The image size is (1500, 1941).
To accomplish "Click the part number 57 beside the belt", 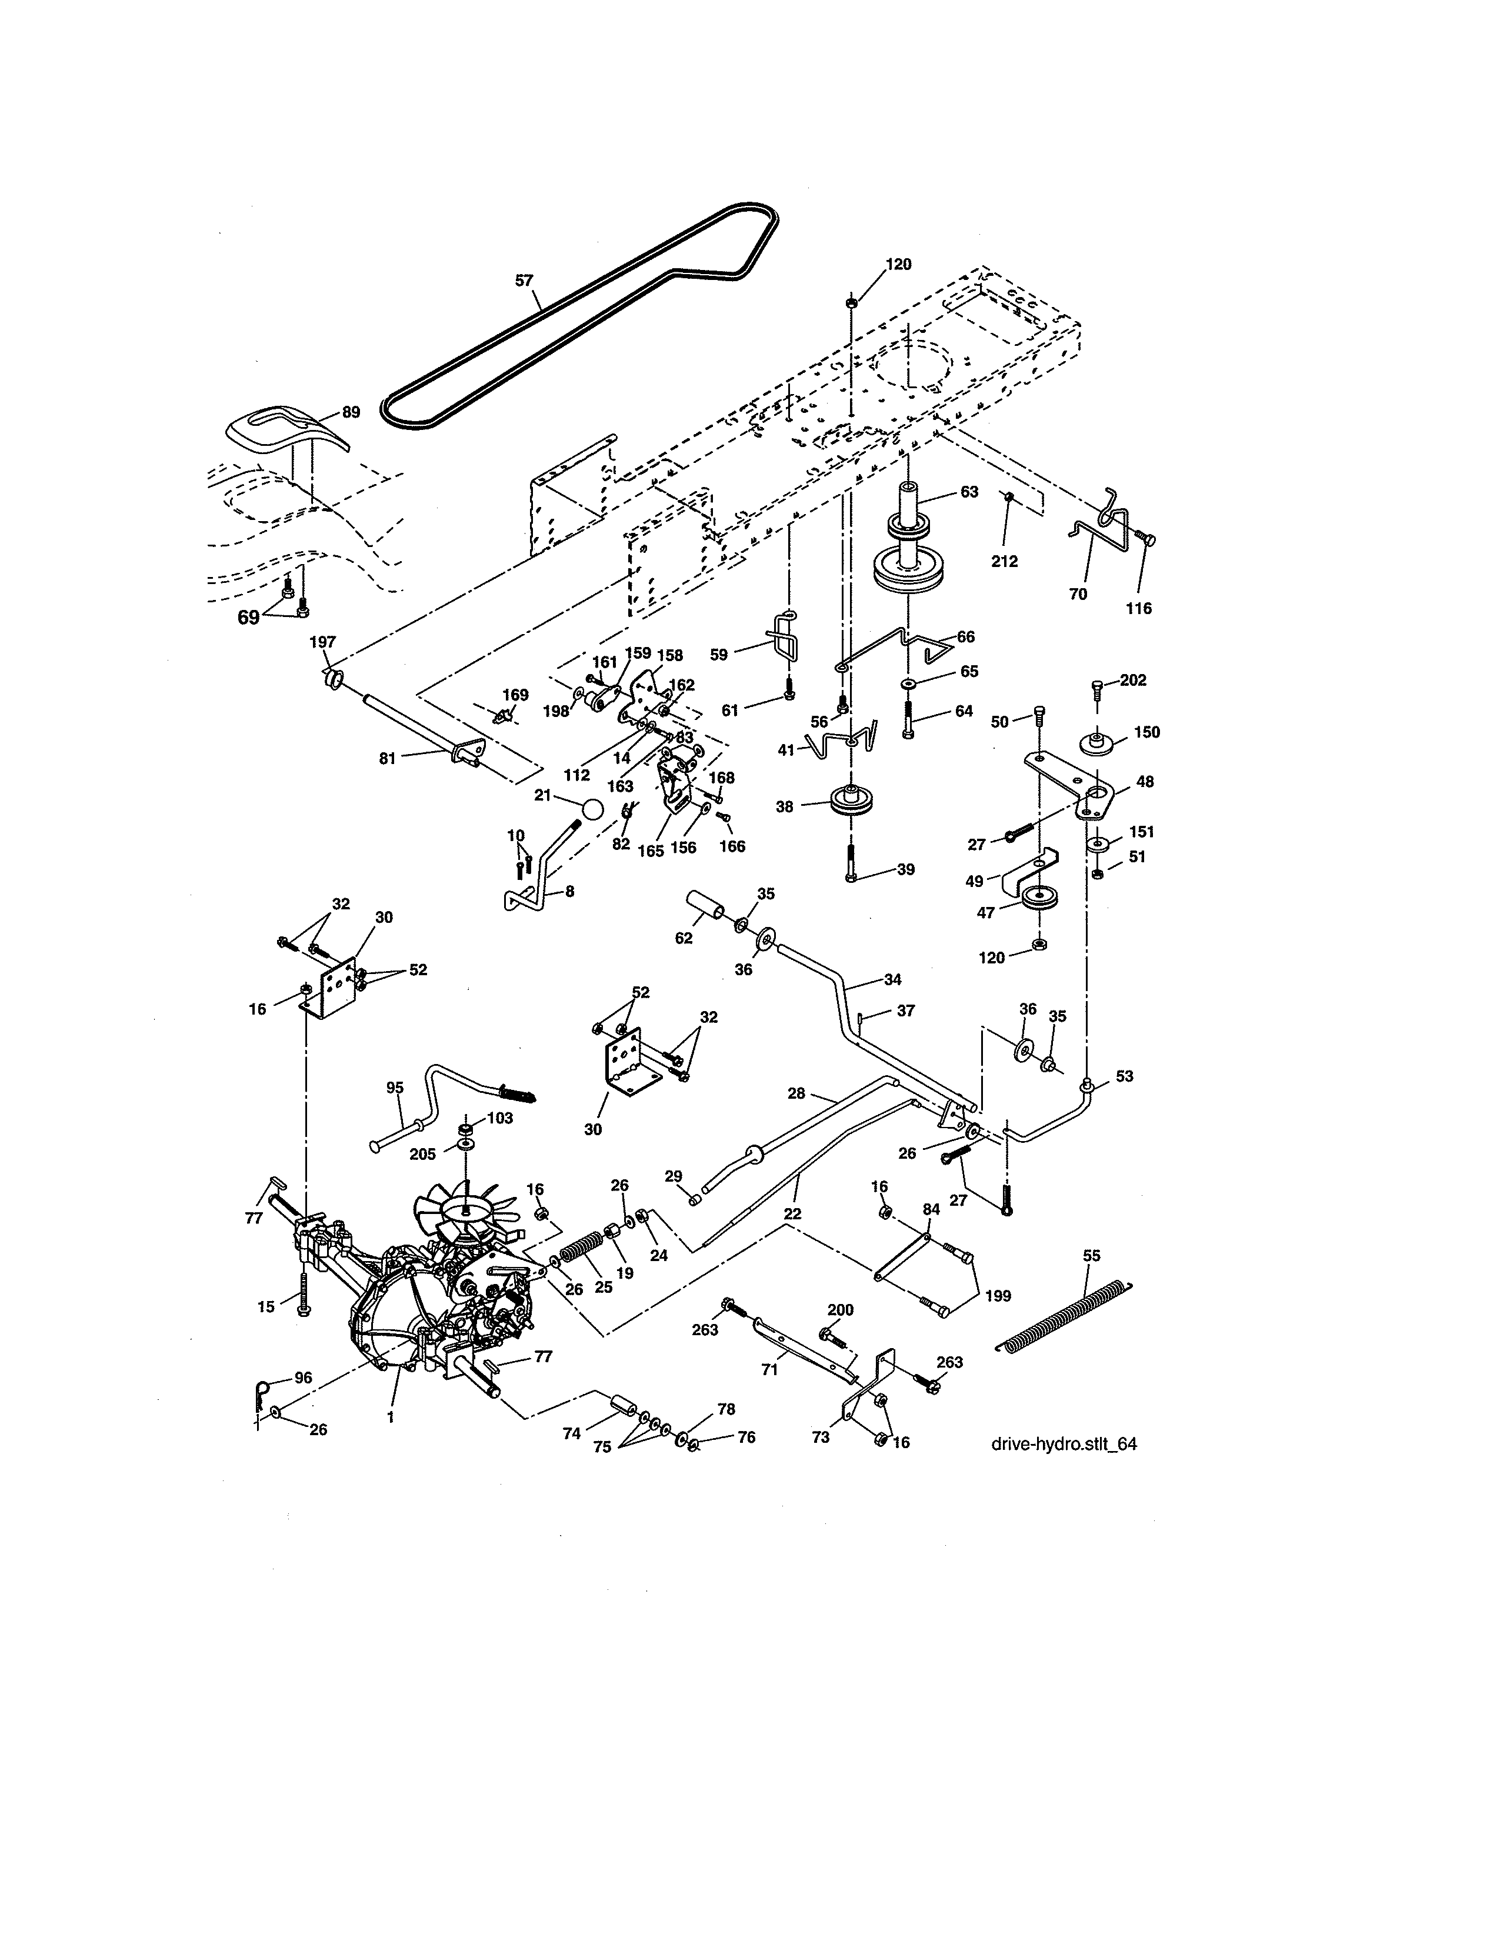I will click(524, 281).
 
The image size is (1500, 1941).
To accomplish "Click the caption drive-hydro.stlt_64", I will click(1064, 1444).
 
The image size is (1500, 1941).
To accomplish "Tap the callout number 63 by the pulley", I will click(969, 492).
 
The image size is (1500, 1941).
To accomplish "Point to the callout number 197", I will click(322, 642).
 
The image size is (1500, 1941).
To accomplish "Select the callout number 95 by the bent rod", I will click(395, 1087).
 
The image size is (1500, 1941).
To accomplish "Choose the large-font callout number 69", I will click(249, 617).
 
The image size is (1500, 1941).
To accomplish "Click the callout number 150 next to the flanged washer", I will click(1147, 732).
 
